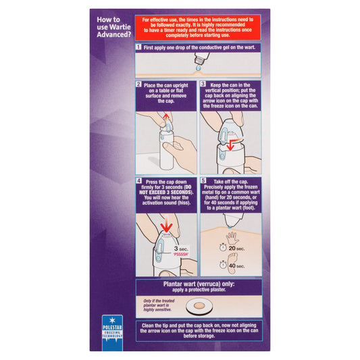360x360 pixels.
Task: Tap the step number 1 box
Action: [138, 49]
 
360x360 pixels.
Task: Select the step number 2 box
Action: [138, 84]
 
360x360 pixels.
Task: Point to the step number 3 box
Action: [203, 84]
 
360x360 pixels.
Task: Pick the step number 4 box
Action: [138, 182]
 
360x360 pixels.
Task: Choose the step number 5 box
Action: [203, 182]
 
